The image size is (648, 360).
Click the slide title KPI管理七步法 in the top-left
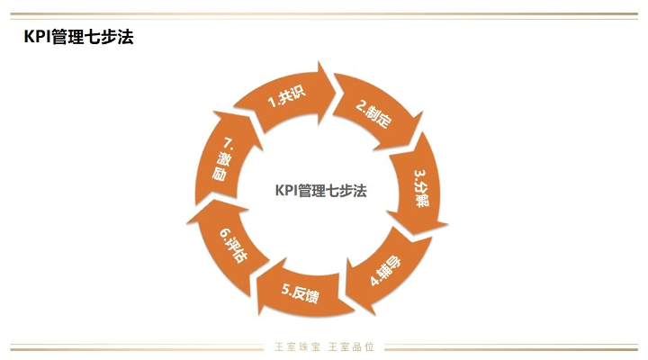78,37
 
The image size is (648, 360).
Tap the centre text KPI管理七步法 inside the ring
320,191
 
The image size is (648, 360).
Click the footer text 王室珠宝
298,346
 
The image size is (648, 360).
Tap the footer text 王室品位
351,346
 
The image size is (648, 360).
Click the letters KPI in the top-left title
36,37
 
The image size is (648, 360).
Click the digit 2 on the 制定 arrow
361,106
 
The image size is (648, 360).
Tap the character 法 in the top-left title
125,37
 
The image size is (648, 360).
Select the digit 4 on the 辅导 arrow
374,281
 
